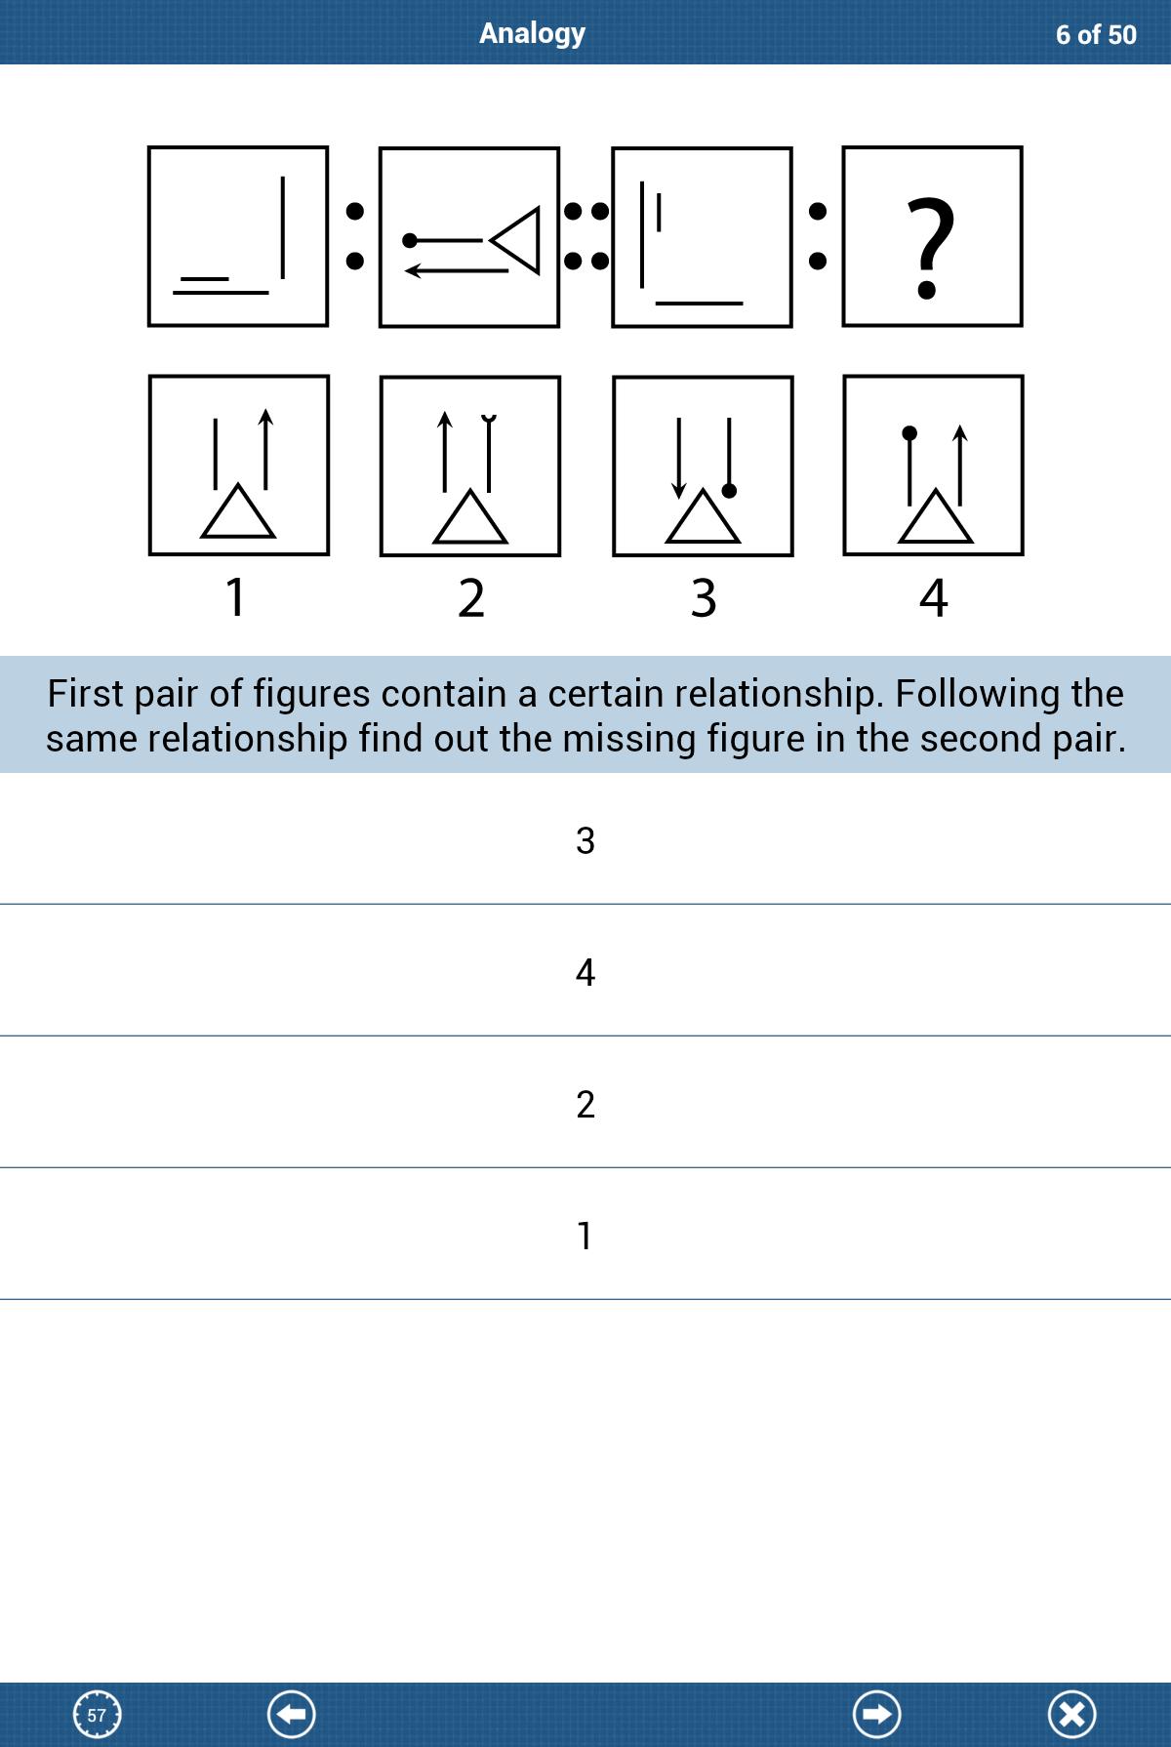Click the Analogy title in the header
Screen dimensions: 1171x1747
[532, 33]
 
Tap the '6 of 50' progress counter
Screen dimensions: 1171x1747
[1096, 35]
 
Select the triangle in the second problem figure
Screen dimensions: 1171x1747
[517, 239]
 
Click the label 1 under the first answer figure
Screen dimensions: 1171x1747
[235, 597]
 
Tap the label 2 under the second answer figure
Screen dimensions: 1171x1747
[470, 597]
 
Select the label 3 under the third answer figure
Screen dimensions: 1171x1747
[704, 597]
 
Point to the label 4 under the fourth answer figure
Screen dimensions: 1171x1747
[934, 597]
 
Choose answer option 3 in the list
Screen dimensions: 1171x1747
[585, 840]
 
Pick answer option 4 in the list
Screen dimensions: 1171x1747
[585, 972]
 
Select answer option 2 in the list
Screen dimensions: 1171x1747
[585, 1104]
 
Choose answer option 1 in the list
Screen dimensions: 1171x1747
[585, 1236]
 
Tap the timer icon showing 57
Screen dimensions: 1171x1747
[98, 1715]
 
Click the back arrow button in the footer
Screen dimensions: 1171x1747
[292, 1715]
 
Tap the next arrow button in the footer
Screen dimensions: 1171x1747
[877, 1715]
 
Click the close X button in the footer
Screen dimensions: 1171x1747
[1072, 1715]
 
